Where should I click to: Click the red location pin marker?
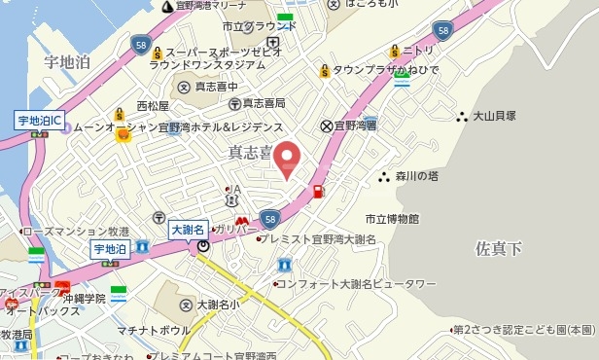286,158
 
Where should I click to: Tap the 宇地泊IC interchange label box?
40,122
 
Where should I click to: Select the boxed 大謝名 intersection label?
188,230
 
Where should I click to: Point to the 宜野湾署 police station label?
356,126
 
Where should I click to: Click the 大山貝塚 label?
493,115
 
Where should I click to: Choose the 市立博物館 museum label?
392,219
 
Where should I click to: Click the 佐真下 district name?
498,249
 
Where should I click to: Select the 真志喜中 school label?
215,87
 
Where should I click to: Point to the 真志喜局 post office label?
263,102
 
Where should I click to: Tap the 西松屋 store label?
153,105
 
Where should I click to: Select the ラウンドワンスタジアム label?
207,64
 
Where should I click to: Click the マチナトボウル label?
154,331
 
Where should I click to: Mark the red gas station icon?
319,190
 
